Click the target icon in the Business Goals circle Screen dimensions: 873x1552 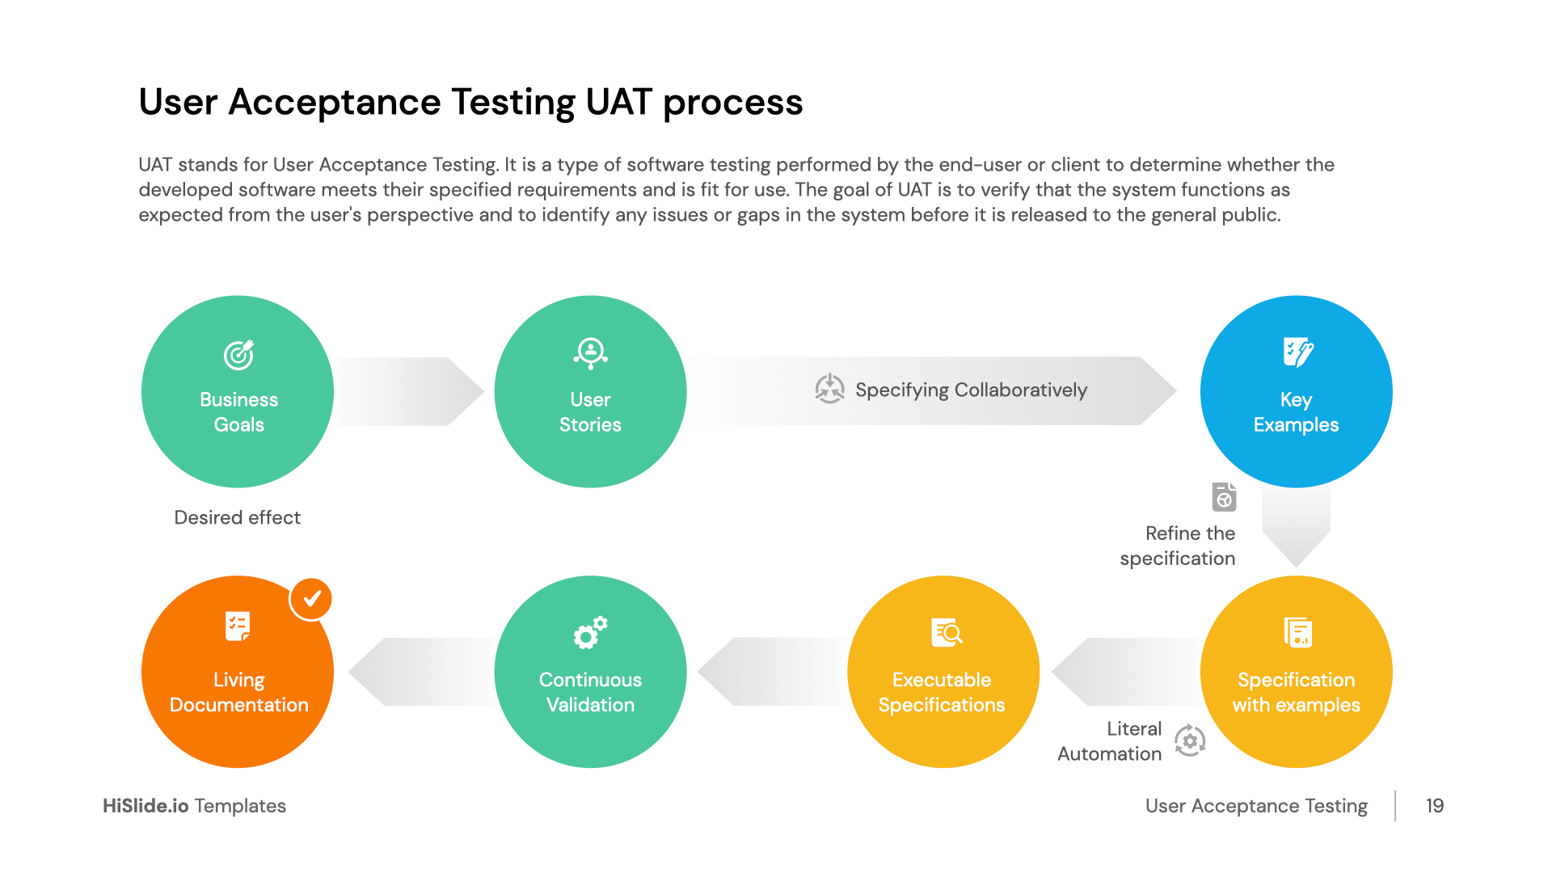tap(238, 354)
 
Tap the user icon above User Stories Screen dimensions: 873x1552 tap(591, 352)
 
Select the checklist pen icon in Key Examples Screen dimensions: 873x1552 tap(1297, 352)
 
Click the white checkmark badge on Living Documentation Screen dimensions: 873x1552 tap(311, 599)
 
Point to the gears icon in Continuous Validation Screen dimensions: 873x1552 tap(590, 632)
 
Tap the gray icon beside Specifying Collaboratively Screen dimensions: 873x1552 tap(829, 389)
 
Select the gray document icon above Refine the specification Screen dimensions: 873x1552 tap(1224, 497)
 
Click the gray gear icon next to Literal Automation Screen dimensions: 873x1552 tap(1190, 740)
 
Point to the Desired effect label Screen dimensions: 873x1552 tap(237, 517)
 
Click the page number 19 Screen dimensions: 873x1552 tap(1435, 806)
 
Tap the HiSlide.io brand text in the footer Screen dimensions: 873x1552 tap(145, 806)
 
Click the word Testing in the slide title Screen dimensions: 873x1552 tap(512, 103)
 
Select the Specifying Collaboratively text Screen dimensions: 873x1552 tap(971, 390)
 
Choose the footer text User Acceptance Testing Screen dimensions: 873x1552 tap(1256, 806)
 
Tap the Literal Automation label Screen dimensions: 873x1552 tap(1110, 741)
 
